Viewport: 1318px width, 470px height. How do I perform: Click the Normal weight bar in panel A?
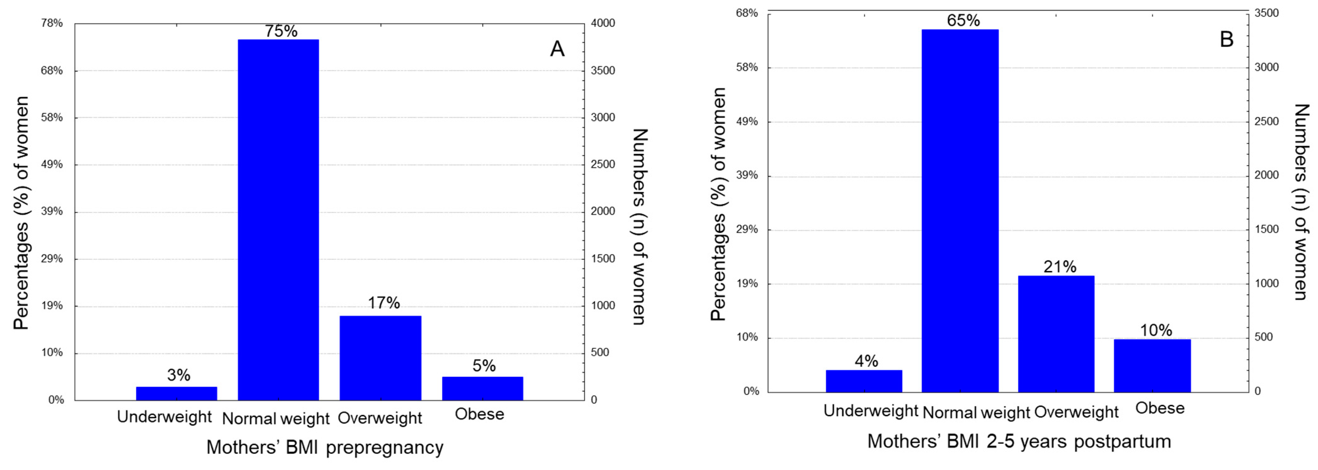pyautogui.click(x=278, y=220)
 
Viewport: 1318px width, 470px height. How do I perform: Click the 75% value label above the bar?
pyautogui.click(x=281, y=31)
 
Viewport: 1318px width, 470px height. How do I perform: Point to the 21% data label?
pyautogui.click(x=1059, y=267)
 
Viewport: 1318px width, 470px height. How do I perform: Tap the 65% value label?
pyautogui.click(x=963, y=20)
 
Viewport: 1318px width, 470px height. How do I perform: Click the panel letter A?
pyautogui.click(x=557, y=49)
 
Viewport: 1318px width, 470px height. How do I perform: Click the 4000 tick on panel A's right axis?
pyautogui.click(x=603, y=23)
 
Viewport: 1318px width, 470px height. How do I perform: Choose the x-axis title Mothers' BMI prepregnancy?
pyautogui.click(x=325, y=447)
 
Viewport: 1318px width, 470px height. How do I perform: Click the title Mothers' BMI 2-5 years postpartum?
pyautogui.click(x=1019, y=441)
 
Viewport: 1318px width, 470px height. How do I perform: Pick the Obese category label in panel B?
pyautogui.click(x=1159, y=408)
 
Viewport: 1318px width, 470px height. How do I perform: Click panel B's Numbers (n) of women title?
pyautogui.click(x=1302, y=202)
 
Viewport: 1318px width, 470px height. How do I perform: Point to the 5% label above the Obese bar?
pyautogui.click(x=484, y=366)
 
